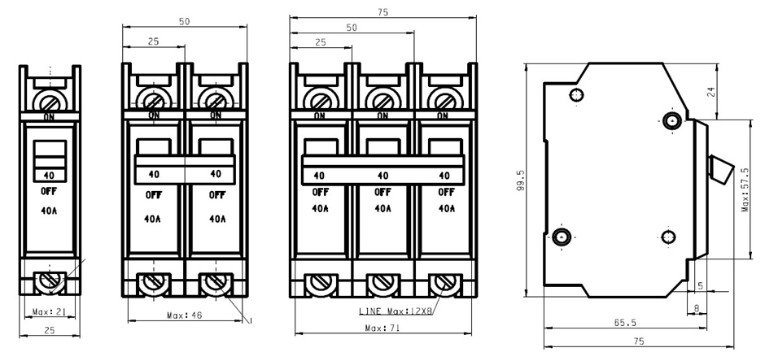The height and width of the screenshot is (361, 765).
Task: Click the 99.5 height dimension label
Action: click(x=521, y=180)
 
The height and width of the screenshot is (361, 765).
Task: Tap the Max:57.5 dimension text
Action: click(x=745, y=189)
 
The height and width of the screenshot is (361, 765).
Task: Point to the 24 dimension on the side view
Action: click(x=710, y=92)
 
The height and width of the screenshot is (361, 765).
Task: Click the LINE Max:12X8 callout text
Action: click(x=396, y=311)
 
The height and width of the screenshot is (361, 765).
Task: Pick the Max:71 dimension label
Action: click(x=382, y=328)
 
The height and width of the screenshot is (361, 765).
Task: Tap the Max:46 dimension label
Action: click(x=184, y=315)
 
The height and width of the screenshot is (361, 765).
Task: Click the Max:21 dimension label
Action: click(x=49, y=311)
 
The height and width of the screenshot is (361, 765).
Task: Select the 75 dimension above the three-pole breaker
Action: click(x=383, y=12)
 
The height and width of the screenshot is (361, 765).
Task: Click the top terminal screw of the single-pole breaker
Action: click(x=50, y=102)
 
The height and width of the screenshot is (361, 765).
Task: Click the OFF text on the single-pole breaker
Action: click(x=49, y=191)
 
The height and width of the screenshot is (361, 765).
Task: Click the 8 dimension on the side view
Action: click(x=696, y=308)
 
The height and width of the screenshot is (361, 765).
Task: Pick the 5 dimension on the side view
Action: click(x=701, y=286)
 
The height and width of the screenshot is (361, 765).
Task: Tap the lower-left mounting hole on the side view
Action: click(x=562, y=237)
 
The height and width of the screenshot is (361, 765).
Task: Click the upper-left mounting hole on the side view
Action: click(x=577, y=94)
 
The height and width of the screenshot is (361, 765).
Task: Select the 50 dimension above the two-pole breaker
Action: click(x=185, y=21)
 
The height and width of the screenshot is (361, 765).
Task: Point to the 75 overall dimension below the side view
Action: click(x=639, y=341)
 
